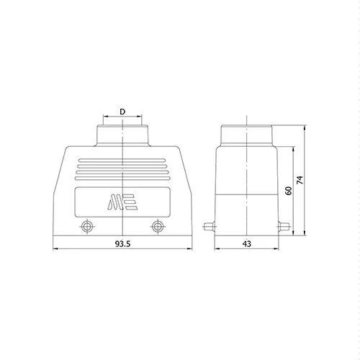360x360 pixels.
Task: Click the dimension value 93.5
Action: pyautogui.click(x=122, y=244)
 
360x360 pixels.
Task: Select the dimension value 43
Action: pyautogui.click(x=247, y=244)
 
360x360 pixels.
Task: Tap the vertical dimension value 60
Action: pyautogui.click(x=289, y=191)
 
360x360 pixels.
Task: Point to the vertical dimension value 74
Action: pyautogui.click(x=300, y=180)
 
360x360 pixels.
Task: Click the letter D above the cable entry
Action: pyautogui.click(x=122, y=112)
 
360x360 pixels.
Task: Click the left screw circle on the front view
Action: pyautogui.click(x=87, y=226)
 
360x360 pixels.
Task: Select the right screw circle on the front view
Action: pyautogui.click(x=158, y=226)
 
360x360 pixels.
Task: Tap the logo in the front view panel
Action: pyautogui.click(x=122, y=202)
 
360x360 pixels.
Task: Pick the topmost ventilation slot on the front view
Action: pyautogui.click(x=122, y=160)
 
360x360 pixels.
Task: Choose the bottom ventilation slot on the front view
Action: pyautogui.click(x=122, y=179)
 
